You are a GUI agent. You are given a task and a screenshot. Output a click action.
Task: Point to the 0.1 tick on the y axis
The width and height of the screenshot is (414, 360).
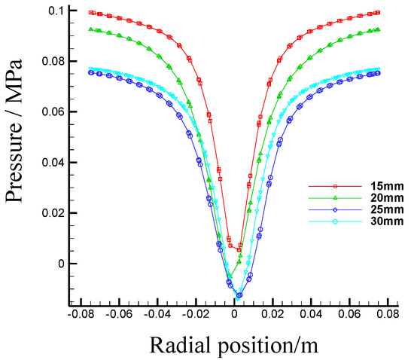(53, 10)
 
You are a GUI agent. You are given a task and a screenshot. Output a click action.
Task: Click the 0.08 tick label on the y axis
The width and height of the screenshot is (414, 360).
(50, 61)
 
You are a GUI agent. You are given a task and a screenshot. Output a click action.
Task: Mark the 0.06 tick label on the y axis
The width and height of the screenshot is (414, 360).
(50, 111)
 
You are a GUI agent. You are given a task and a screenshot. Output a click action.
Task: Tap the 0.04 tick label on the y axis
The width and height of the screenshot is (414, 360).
(50, 163)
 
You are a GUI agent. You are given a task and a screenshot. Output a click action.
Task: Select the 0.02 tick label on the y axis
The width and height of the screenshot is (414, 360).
(50, 213)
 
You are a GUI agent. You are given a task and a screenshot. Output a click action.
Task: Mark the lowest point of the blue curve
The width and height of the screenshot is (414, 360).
(239, 295)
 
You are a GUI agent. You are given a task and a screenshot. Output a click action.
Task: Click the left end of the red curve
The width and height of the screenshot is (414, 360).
(91, 12)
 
